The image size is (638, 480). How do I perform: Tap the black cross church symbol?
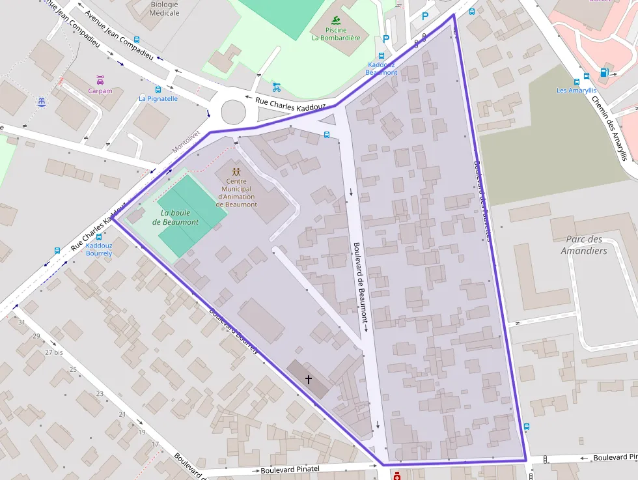tap(309, 378)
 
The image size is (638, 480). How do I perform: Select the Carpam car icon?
tap(100, 80)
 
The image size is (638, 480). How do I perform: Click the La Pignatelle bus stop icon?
tap(158, 89)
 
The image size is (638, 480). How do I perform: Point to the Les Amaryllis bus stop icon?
tap(577, 81)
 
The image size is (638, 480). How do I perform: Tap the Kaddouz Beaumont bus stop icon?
tap(381, 56)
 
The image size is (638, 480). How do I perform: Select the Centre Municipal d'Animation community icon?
tap(236, 171)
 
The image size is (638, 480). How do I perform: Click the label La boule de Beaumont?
tap(176, 218)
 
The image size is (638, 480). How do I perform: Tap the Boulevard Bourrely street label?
tap(234, 330)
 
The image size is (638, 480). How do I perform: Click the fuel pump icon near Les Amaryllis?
tap(604, 72)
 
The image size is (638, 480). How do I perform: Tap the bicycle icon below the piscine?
tap(277, 87)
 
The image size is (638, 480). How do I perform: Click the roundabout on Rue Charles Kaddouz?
tap(234, 112)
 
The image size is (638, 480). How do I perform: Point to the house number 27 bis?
tap(54, 352)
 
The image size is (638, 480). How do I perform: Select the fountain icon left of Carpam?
tap(42, 102)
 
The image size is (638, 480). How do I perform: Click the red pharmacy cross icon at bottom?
tap(396, 476)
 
